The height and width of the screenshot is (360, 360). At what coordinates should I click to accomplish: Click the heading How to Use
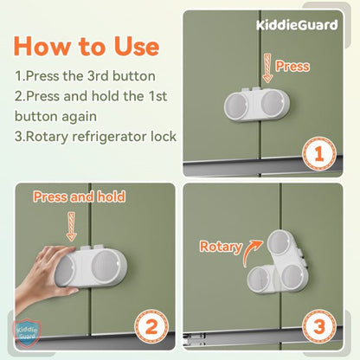click(86, 45)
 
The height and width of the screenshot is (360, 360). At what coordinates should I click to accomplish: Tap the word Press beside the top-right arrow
click(293, 66)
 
